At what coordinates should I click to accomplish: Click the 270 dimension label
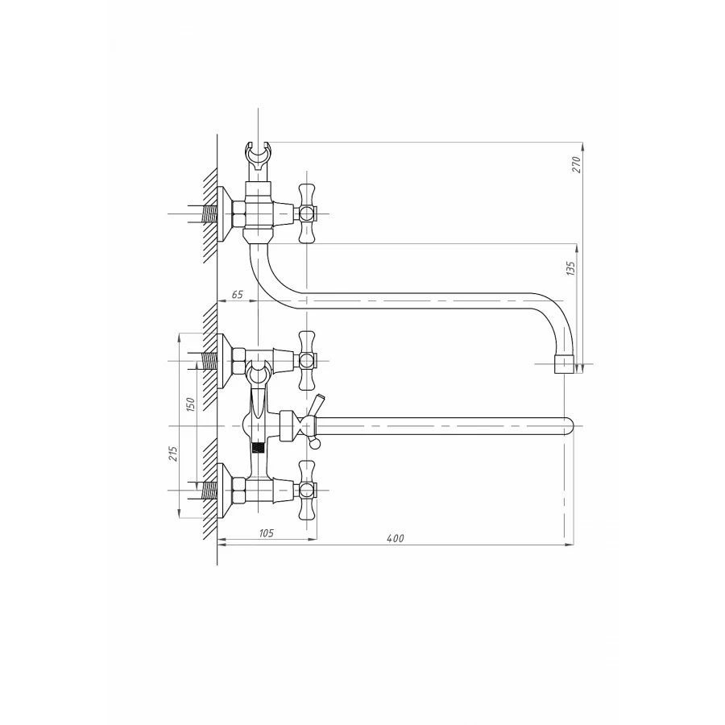click(x=576, y=164)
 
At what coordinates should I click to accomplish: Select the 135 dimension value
click(x=570, y=268)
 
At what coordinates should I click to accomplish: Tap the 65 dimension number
click(x=237, y=295)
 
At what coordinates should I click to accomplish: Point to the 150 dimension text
click(x=190, y=404)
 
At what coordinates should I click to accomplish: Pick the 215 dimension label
click(x=173, y=454)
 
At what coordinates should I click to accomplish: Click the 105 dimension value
click(x=266, y=533)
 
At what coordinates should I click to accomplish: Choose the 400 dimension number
click(x=396, y=538)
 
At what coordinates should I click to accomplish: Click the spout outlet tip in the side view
click(x=564, y=364)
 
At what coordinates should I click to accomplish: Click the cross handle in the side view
click(x=307, y=213)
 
